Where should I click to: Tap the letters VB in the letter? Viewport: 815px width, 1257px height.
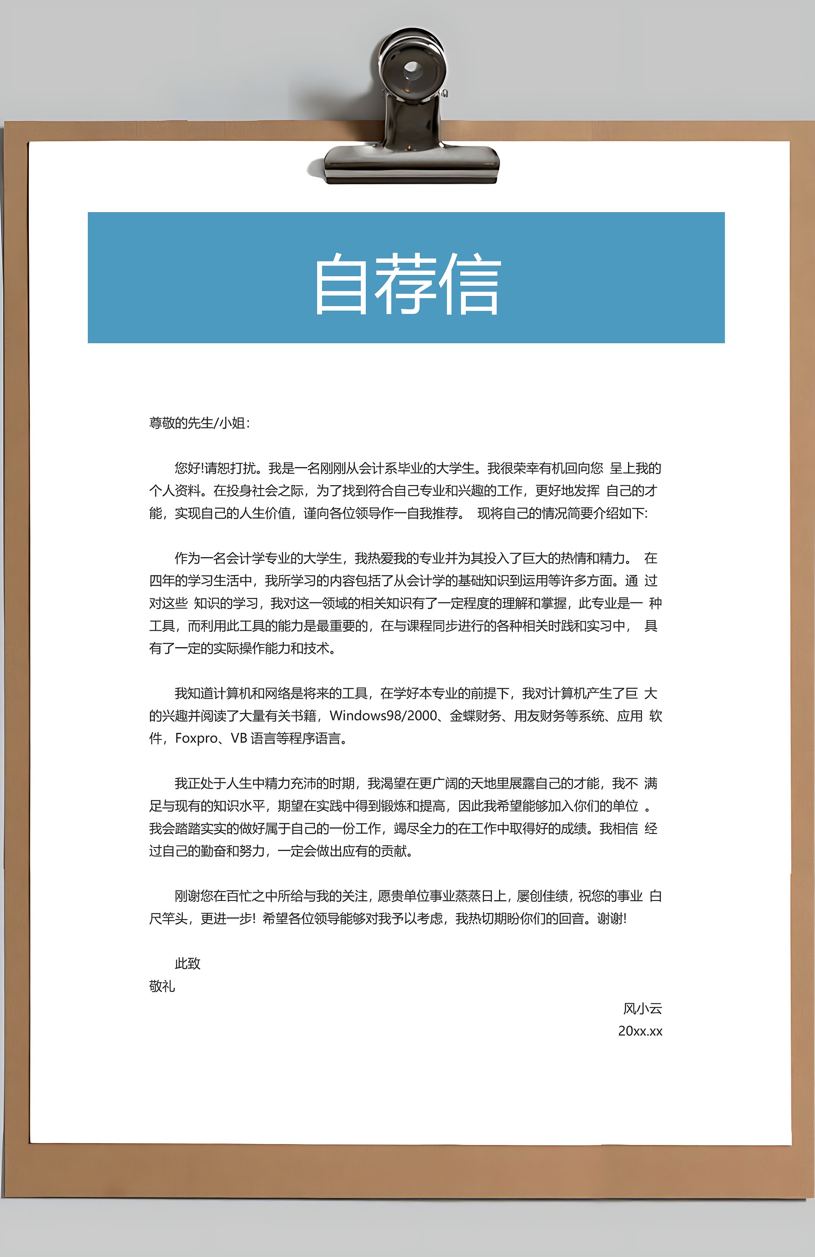239,738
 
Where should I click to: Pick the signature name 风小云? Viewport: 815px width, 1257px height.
642,1009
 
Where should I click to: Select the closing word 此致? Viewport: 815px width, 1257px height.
188,964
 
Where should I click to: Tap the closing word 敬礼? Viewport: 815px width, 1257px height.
162,987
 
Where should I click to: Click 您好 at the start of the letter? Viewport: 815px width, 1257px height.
188,469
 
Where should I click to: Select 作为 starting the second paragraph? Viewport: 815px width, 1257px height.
188,558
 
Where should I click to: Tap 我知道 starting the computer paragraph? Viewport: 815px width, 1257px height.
194,693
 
